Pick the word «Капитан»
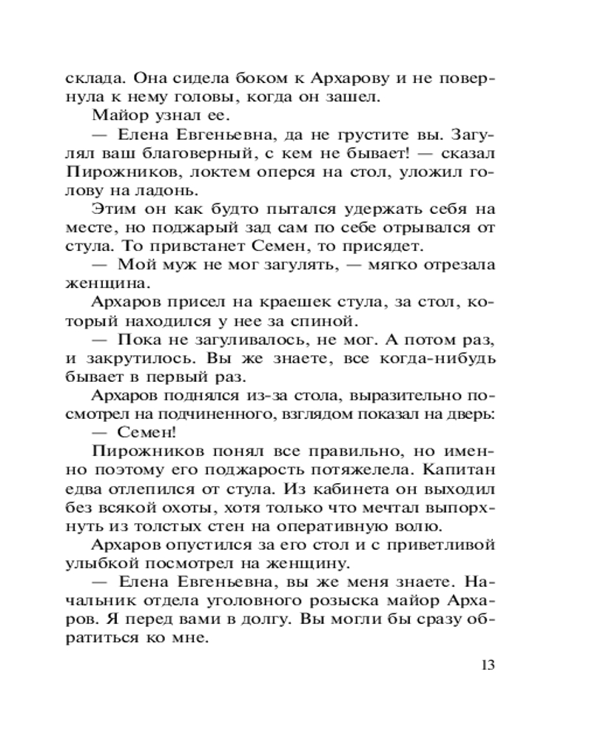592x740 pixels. (463, 470)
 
